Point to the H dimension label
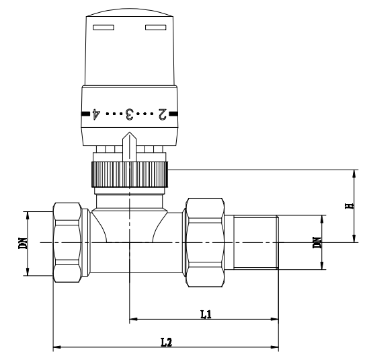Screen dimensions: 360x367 pos(348,205)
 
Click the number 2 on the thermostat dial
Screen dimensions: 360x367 pos(161,114)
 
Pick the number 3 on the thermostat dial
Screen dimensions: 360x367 pos(128,114)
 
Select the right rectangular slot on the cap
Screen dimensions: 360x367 pos(155,28)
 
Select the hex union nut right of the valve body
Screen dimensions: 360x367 pos(204,241)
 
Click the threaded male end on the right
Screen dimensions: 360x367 pos(255,242)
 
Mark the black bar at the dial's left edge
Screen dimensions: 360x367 pos(85,114)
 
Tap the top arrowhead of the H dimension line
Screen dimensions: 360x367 pos(353,174)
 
